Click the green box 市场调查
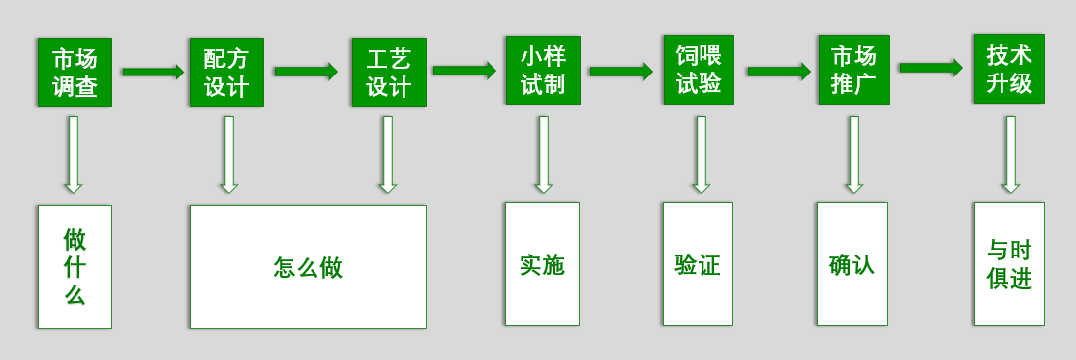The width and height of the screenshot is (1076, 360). (75, 73)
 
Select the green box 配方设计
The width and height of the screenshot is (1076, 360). (226, 73)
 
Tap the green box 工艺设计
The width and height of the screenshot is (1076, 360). (388, 73)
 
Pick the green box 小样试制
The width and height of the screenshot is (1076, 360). (542, 71)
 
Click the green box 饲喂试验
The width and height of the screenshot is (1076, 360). (698, 70)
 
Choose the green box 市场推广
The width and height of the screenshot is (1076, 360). (852, 70)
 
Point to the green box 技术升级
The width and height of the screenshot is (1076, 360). (1008, 69)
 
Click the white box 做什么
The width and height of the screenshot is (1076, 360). (75, 266)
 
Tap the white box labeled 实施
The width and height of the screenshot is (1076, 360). (541, 264)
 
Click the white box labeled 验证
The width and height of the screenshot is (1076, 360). (697, 264)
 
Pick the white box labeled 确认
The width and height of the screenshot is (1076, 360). (852, 264)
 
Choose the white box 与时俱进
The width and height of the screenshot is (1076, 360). (1008, 264)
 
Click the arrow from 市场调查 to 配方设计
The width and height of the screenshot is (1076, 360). (152, 72)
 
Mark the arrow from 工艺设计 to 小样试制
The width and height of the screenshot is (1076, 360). (463, 71)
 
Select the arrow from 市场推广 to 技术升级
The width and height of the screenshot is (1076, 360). (930, 68)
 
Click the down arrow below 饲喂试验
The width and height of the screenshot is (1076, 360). (701, 154)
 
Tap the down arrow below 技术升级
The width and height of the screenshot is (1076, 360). (1010, 154)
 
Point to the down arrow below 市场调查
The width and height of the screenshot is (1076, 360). (74, 154)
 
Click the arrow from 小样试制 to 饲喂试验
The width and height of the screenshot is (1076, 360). (620, 72)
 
